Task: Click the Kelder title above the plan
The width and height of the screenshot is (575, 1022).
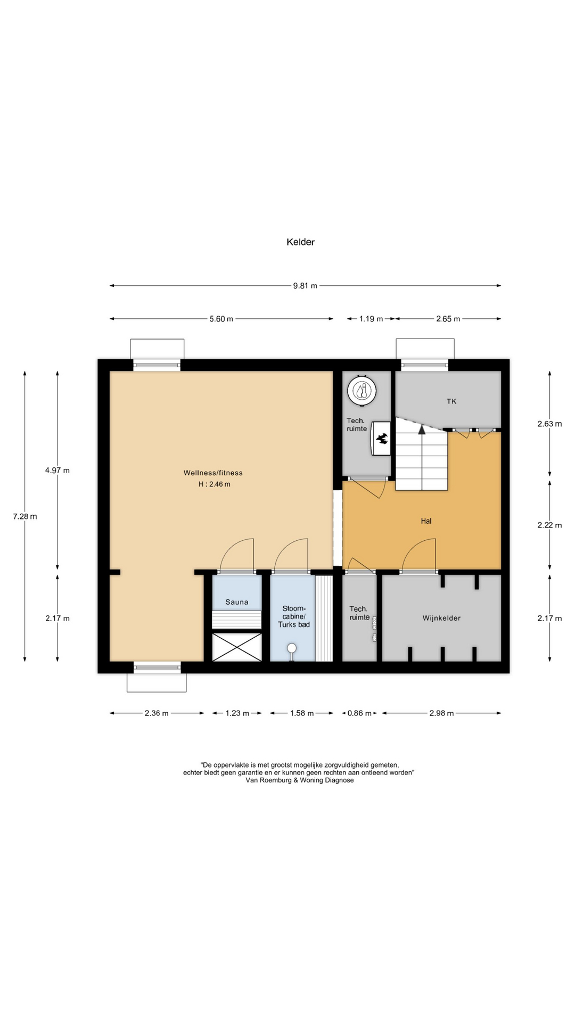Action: tap(300, 242)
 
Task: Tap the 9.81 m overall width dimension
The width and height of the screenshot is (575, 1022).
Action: tap(305, 286)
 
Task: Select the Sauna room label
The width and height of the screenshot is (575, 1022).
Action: tap(237, 602)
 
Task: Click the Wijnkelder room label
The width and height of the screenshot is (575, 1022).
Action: tap(441, 618)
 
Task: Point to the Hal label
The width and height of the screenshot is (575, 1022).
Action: tap(426, 521)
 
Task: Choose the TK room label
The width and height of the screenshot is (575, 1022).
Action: tap(451, 401)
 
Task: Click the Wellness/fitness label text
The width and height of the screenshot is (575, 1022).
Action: tap(213, 473)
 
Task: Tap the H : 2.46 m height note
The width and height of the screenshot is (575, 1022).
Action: tap(215, 484)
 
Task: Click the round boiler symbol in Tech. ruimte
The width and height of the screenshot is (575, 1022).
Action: tap(362, 391)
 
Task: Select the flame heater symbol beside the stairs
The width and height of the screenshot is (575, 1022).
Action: tap(382, 439)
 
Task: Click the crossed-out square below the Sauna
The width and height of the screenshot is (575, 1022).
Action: tap(237, 647)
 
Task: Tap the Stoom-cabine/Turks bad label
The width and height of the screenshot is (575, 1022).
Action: tap(294, 616)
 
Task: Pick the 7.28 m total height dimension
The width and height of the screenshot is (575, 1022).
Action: tap(25, 516)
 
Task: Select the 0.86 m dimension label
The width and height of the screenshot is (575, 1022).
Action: tap(359, 713)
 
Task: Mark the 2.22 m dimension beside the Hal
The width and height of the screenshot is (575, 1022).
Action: tap(549, 525)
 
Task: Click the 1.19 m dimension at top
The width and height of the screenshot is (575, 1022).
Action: tap(371, 319)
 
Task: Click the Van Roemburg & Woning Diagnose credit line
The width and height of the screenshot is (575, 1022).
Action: tap(299, 780)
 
